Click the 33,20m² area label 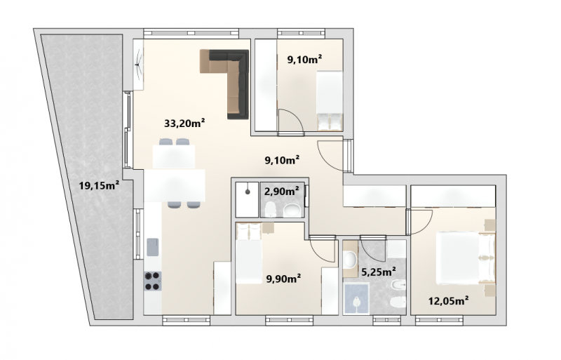[184, 124]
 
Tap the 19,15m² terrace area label [99, 185]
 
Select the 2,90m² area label [282, 192]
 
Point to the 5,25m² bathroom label [379, 272]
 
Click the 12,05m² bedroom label [449, 301]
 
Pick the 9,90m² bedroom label [283, 278]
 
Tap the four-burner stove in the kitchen [152, 281]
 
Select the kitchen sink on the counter [152, 247]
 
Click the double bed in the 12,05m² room [466, 258]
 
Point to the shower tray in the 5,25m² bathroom [356, 299]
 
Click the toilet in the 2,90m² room [270, 209]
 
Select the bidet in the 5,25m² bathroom [398, 286]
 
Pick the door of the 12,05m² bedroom [421, 222]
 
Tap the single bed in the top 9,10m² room [330, 100]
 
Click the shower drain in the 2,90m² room [248, 192]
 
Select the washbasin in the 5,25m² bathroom [350, 258]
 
